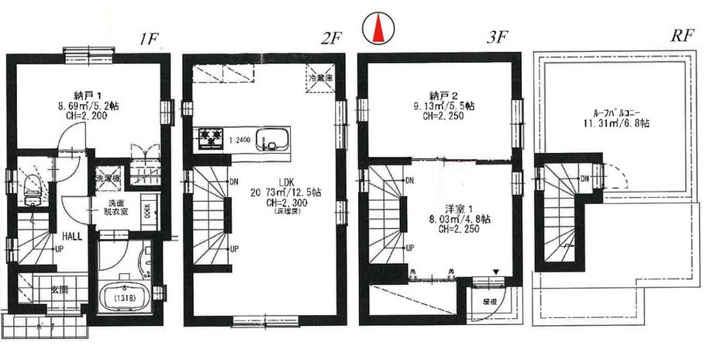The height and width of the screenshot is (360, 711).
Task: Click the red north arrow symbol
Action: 378,29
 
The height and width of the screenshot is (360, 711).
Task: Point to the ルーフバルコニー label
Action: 618,111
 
